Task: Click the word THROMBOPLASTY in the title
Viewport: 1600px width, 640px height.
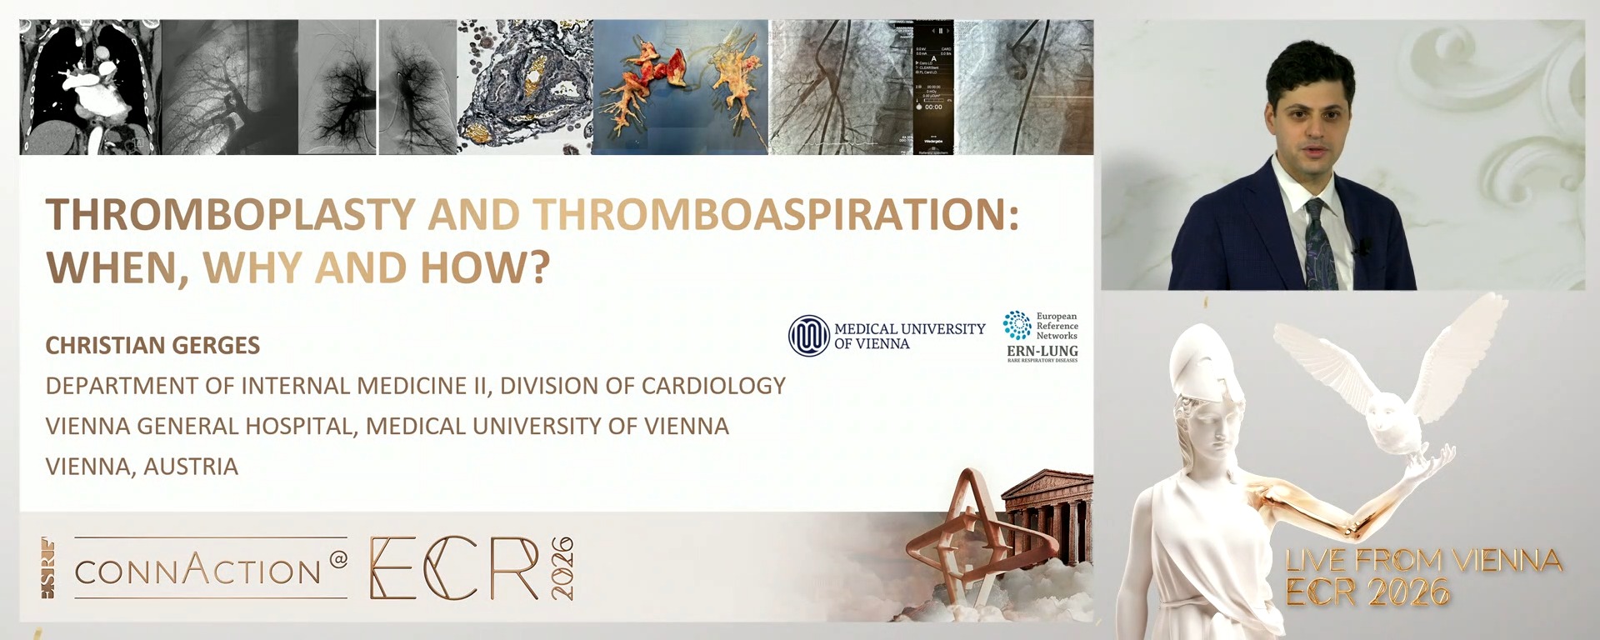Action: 230,214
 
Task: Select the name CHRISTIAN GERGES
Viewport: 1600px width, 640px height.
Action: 152,345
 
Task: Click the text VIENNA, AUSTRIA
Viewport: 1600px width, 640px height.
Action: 142,467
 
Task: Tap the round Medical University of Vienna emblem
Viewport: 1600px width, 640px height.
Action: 808,336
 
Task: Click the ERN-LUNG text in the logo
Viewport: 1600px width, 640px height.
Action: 1042,352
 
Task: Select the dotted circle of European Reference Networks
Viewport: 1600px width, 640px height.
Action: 1017,325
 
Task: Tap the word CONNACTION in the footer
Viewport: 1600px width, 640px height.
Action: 197,571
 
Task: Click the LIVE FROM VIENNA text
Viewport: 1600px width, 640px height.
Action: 1422,561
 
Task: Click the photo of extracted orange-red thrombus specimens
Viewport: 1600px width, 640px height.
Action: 679,87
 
